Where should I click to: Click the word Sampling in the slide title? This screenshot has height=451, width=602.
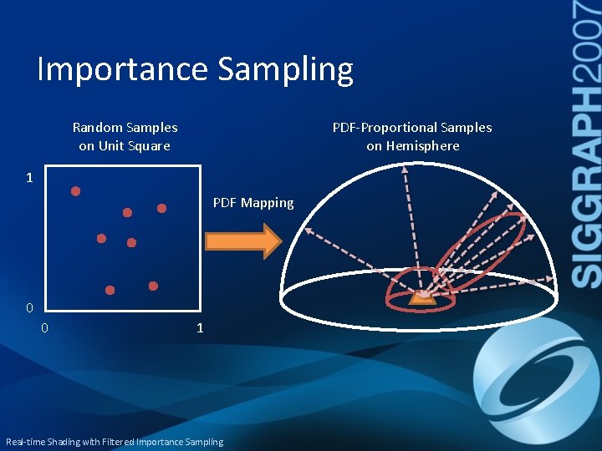tap(286, 70)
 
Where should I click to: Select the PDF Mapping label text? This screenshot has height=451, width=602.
tap(253, 203)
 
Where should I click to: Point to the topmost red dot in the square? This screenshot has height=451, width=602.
tap(75, 191)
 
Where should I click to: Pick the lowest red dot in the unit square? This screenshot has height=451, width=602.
tap(110, 290)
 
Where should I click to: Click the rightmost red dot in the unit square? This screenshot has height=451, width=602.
tap(162, 208)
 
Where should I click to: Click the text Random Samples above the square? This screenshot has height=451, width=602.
tap(125, 128)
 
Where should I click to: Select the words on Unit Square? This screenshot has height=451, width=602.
tap(125, 146)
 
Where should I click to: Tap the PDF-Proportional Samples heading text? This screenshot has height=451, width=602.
tap(412, 128)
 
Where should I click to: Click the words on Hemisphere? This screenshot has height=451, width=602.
tap(412, 146)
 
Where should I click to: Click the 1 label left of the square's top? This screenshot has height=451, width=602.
tap(29, 178)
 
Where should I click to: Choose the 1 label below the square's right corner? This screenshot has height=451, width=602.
tap(199, 328)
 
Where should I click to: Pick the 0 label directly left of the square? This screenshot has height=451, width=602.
tap(29, 308)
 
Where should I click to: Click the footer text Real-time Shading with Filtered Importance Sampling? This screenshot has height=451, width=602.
tap(115, 442)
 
